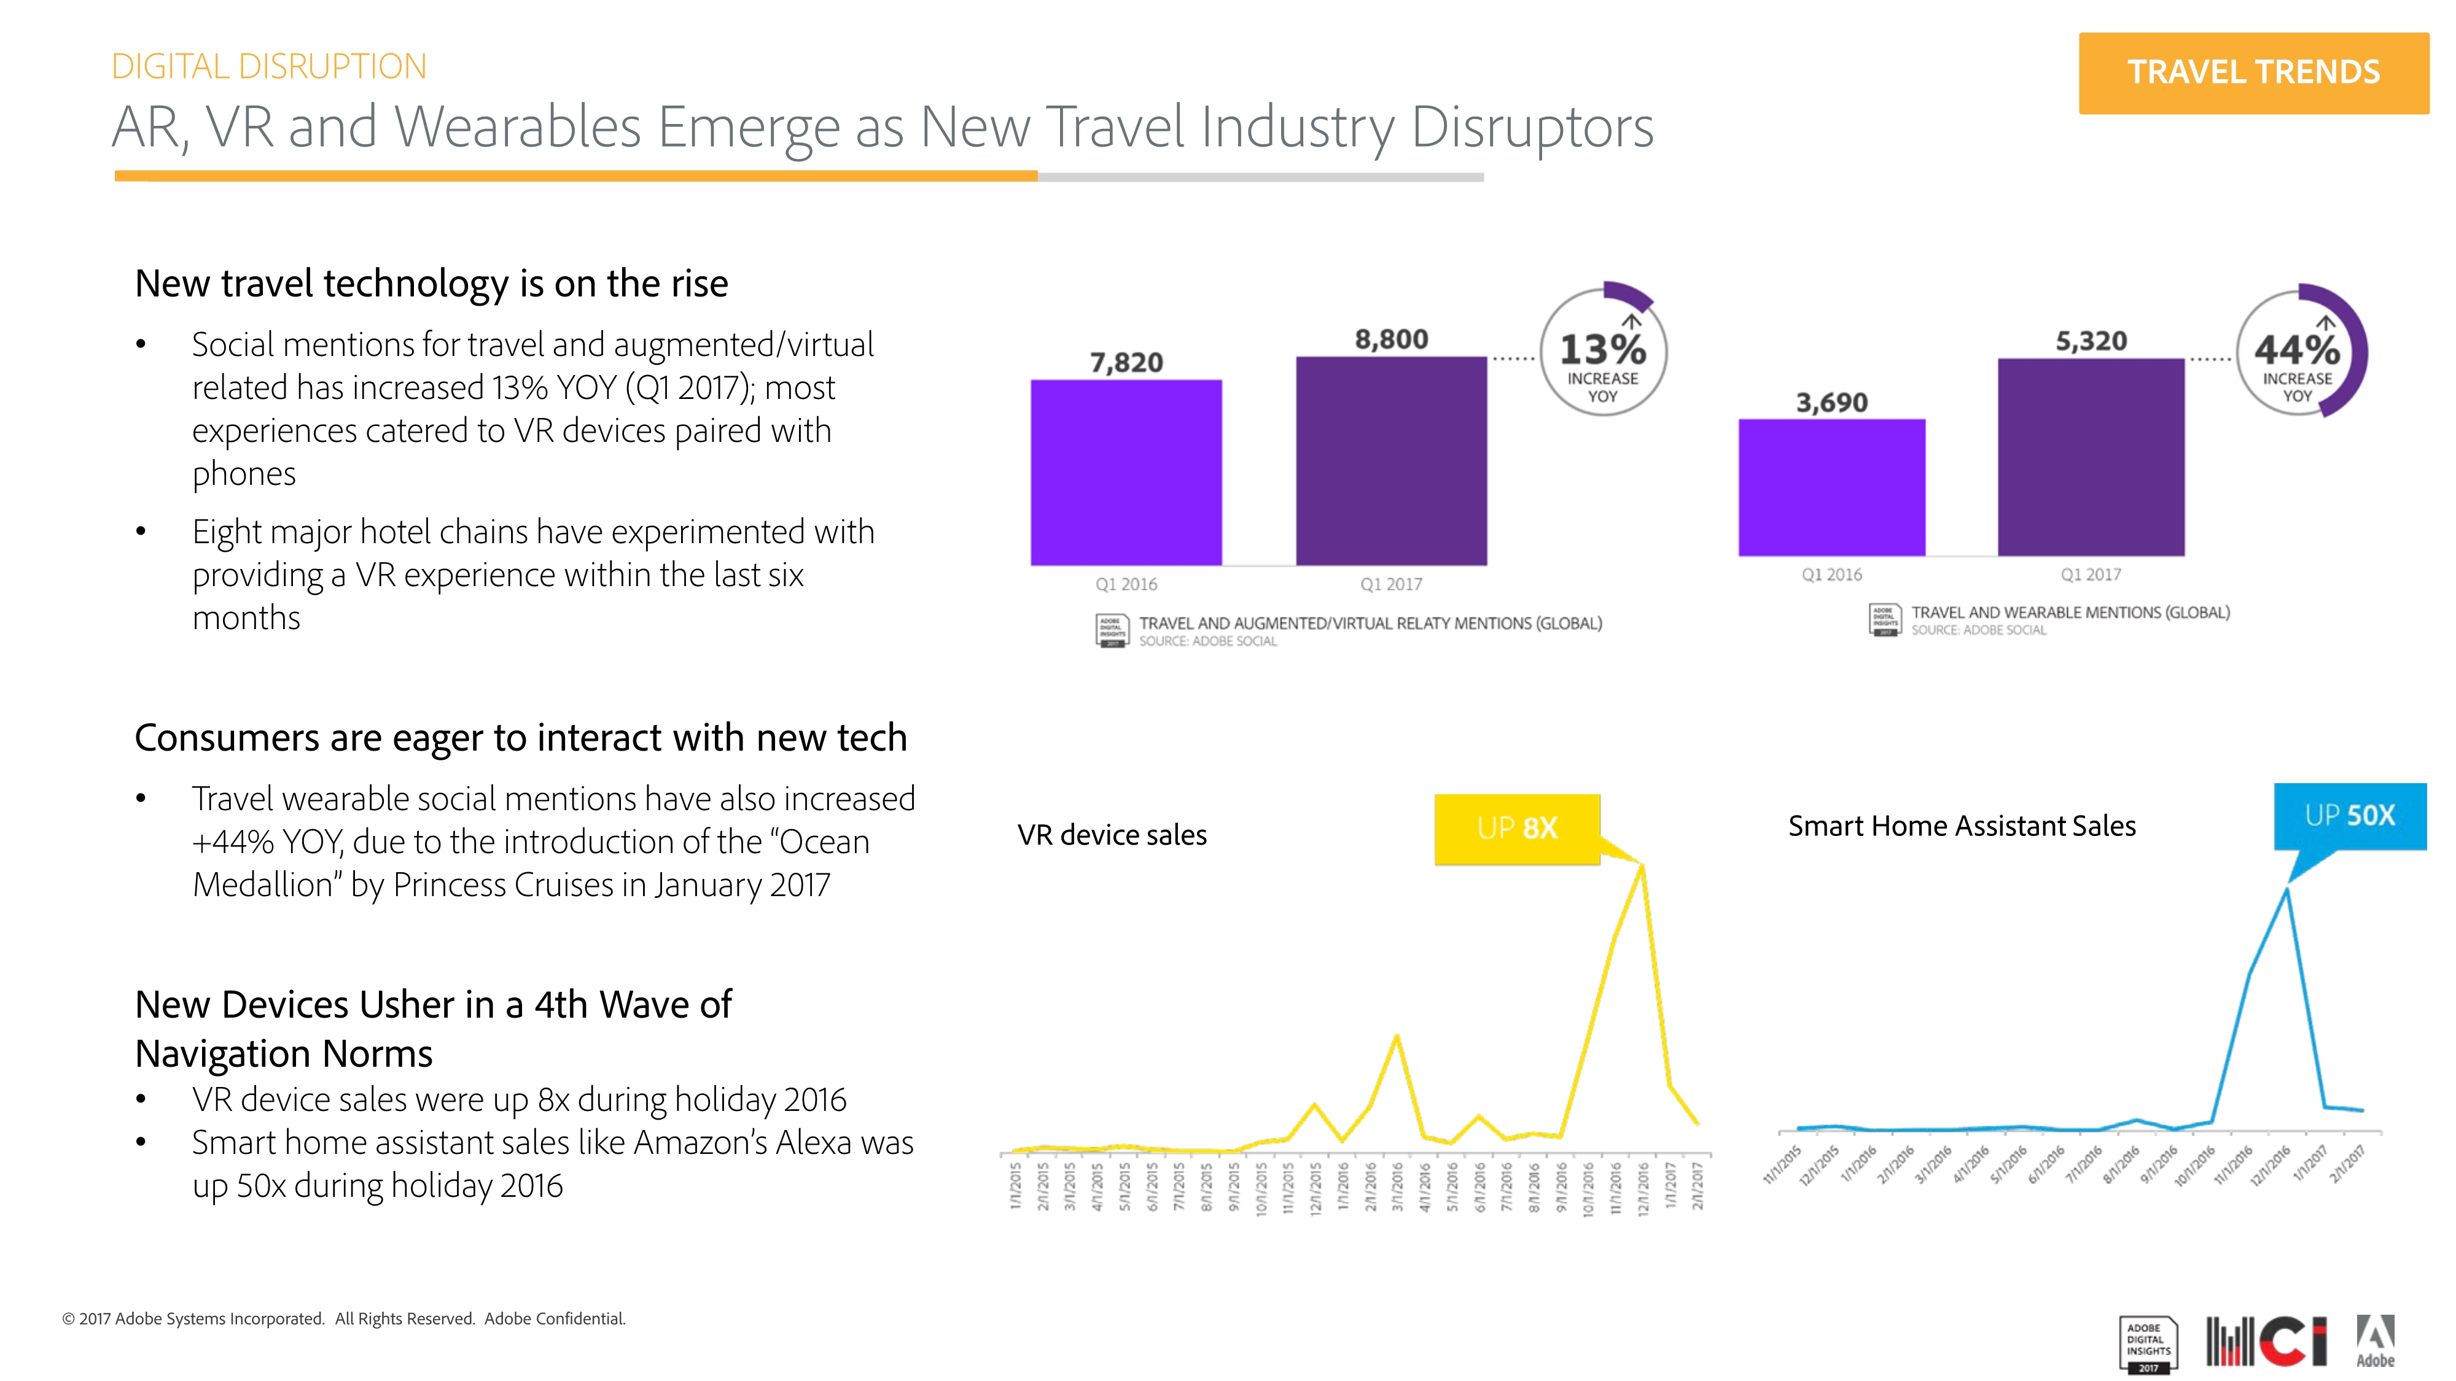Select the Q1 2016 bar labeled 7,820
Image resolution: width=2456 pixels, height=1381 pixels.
point(1125,472)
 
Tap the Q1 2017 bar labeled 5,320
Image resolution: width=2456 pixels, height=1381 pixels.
point(2090,457)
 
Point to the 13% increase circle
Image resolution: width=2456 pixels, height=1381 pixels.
point(1603,353)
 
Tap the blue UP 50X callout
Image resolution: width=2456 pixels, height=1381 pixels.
point(2349,816)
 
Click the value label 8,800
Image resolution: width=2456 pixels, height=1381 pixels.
point(1391,339)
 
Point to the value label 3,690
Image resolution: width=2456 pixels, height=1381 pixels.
point(1831,403)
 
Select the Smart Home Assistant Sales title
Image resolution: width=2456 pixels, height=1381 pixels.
point(1961,826)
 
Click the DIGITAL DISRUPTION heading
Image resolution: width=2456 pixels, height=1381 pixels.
point(269,67)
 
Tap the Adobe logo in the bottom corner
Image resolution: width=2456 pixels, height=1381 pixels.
point(2375,1342)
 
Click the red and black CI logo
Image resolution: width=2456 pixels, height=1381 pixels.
point(2266,1342)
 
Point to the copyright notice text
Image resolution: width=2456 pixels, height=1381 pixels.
point(344,1319)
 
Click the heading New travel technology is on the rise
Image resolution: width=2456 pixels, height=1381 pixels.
point(431,284)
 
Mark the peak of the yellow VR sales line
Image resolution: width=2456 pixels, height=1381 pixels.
point(1642,865)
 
